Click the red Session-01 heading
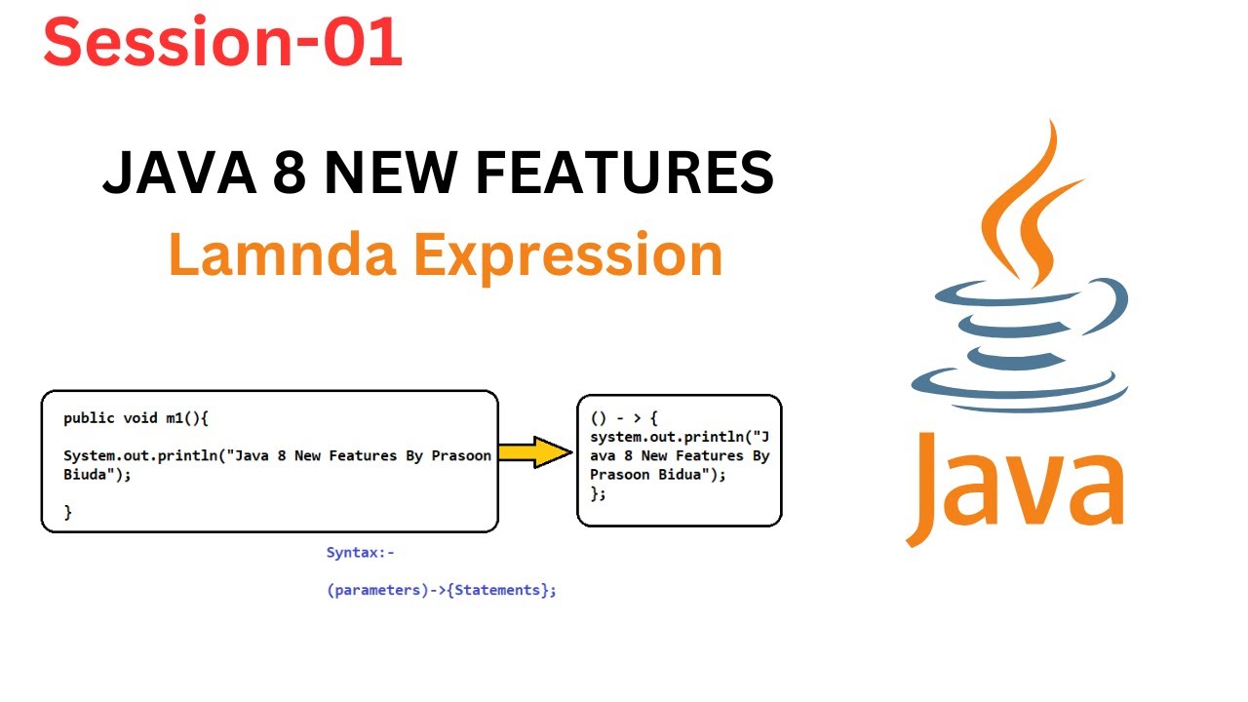coord(222,43)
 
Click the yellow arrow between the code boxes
coord(535,452)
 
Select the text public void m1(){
coord(136,418)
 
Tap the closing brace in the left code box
coord(68,512)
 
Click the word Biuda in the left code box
coord(84,475)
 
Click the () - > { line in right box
coord(624,416)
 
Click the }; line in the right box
coord(598,494)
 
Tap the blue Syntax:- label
coord(360,553)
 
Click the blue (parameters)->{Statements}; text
coord(441,590)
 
